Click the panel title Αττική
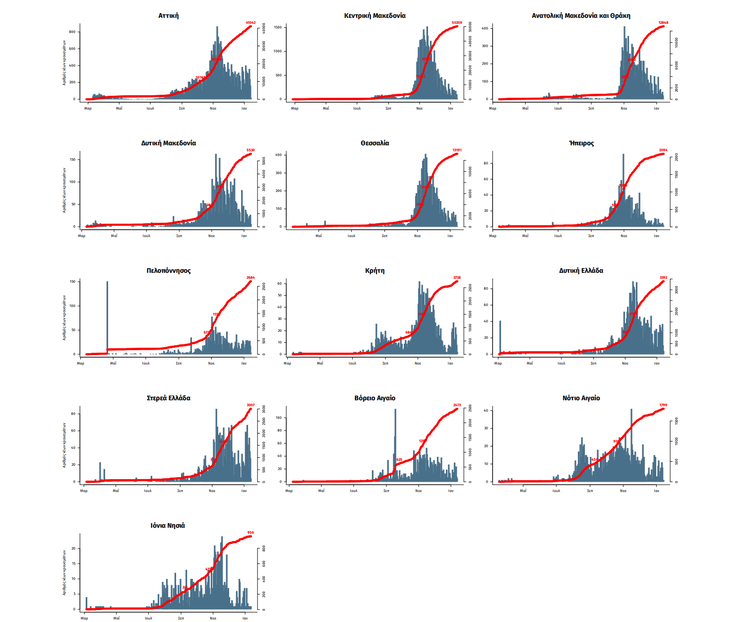tap(168, 16)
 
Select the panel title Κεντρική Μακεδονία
tap(374, 16)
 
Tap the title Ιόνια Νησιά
tap(168, 526)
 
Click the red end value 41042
tap(250, 23)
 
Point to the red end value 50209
tap(457, 23)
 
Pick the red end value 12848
tap(663, 23)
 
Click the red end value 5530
tap(250, 150)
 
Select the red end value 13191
tap(457, 150)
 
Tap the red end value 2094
tap(663, 150)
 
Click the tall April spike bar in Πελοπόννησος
tap(107, 317)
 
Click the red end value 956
tap(250, 533)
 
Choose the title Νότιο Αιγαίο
tap(581, 398)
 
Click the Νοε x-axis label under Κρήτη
tap(418, 364)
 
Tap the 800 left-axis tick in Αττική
tap(72, 32)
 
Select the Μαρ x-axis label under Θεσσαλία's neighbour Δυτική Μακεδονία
tap(82, 236)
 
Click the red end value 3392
tap(663, 278)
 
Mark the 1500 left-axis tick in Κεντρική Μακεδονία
tap(278, 27)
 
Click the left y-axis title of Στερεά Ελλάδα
tap(64, 445)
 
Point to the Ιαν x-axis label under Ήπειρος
tap(657, 236)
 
